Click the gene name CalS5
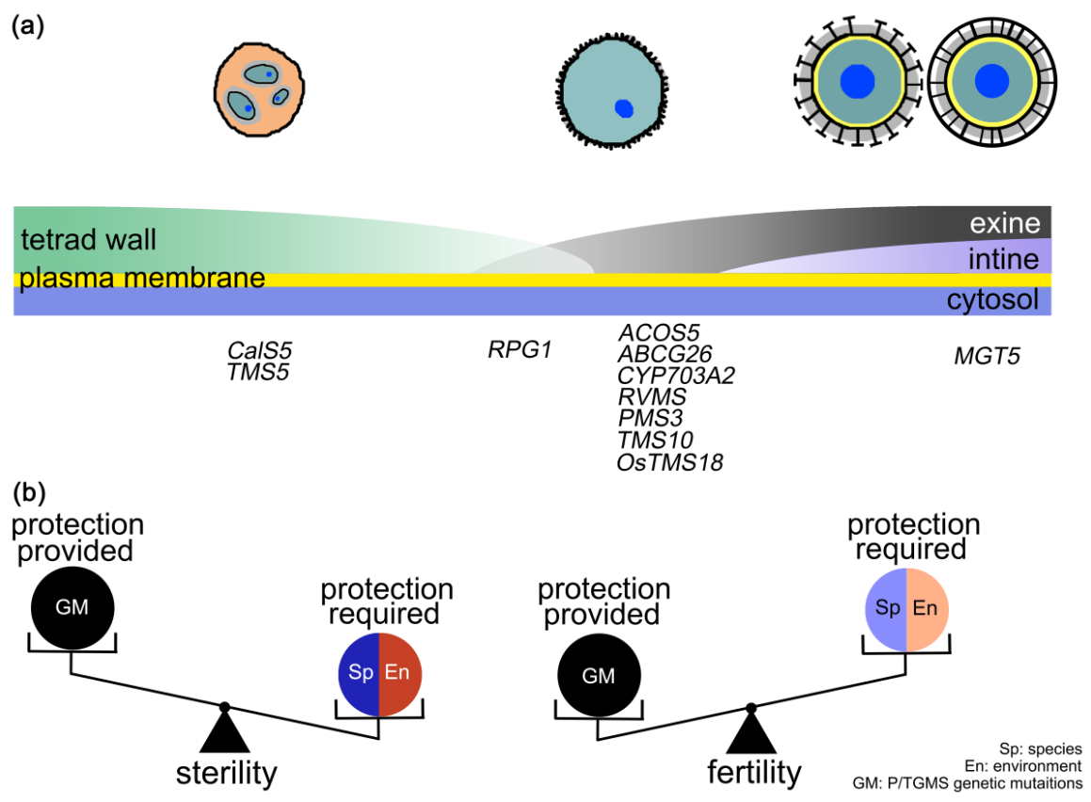253,350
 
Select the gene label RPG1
519,350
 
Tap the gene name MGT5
987,357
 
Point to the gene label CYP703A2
675,376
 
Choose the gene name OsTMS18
669,462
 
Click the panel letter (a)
27,26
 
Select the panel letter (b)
27,491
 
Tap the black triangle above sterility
224,731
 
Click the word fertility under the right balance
754,773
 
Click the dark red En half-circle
400,674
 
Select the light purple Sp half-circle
886,610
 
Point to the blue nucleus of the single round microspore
623,107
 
